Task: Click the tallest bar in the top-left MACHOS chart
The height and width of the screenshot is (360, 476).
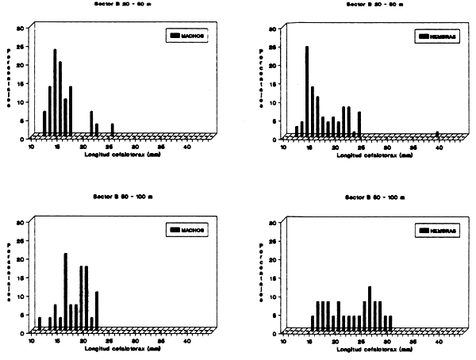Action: tap(55, 91)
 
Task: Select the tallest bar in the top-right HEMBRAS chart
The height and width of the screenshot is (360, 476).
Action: tap(306, 90)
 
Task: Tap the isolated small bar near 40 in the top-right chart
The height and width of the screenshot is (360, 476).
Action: tap(437, 134)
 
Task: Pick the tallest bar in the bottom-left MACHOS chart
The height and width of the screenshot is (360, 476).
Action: tap(66, 290)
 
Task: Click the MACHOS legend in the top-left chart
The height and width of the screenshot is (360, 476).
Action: tap(187, 36)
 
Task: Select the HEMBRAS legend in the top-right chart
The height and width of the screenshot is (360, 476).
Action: tap(437, 36)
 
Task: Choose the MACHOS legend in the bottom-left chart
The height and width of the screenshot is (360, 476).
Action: tap(187, 230)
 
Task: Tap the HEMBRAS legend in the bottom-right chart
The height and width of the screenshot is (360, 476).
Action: tap(437, 230)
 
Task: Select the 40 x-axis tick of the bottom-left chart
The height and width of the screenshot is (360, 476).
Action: tap(187, 341)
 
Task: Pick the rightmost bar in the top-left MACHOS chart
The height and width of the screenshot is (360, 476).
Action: tap(112, 129)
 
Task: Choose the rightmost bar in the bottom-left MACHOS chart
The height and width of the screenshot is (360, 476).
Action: tap(97, 309)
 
